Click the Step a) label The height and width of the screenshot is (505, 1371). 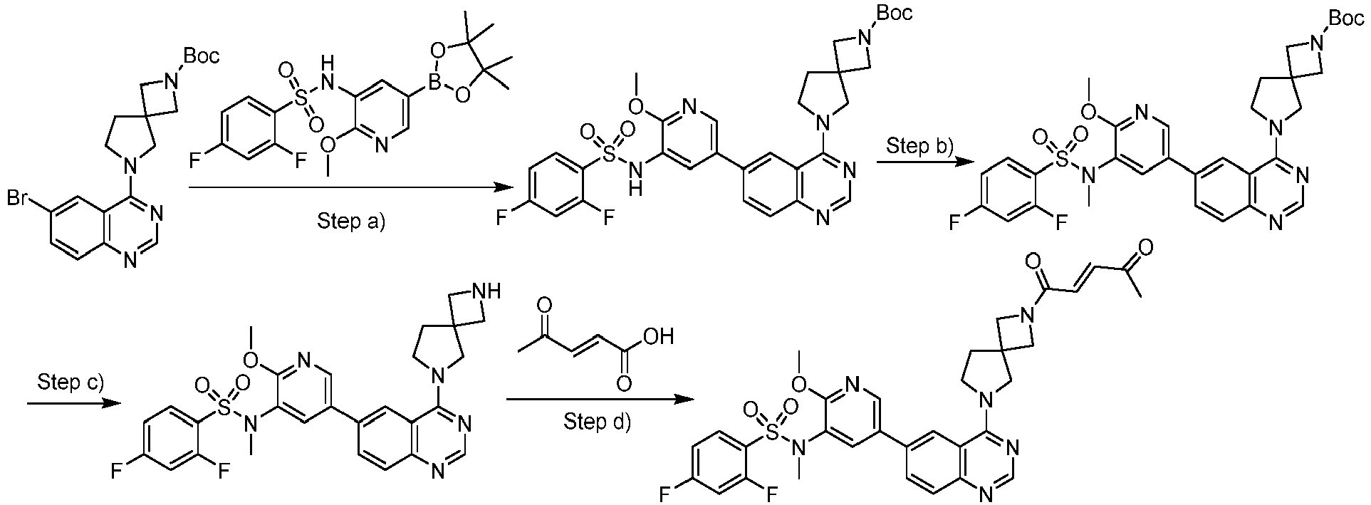[350, 222]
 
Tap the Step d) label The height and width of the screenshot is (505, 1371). [597, 422]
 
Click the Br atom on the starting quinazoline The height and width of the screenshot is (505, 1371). [19, 199]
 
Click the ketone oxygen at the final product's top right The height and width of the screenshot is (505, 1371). [1146, 247]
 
